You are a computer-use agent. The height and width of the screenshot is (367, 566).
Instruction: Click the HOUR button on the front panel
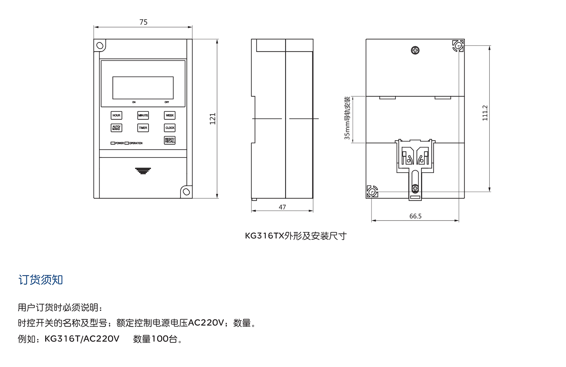click(x=116, y=115)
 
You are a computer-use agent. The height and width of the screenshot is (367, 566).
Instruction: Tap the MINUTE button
click(x=143, y=115)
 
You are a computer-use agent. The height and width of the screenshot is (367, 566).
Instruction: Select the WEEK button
click(x=170, y=115)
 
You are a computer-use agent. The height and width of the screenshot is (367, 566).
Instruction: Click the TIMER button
click(x=143, y=128)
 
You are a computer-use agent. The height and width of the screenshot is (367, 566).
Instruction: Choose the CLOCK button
click(x=170, y=128)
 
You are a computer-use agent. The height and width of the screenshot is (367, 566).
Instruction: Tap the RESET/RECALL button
click(x=170, y=140)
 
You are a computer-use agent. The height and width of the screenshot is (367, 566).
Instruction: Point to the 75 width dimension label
click(x=143, y=22)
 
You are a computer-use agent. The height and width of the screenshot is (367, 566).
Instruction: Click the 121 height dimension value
click(x=213, y=119)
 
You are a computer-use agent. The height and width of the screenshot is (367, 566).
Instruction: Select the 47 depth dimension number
click(x=282, y=207)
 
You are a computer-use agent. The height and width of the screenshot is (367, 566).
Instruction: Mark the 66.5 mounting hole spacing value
click(x=415, y=216)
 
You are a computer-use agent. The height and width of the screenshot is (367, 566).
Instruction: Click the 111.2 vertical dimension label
click(x=485, y=113)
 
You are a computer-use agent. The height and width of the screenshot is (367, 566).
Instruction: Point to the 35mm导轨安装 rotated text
click(x=347, y=118)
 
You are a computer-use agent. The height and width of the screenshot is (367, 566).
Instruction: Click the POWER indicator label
click(x=119, y=143)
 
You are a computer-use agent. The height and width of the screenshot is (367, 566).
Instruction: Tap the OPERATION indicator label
click(x=136, y=143)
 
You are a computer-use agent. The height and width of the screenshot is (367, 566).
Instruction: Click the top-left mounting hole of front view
click(x=100, y=45)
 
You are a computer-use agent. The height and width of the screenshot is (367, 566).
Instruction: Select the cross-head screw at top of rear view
click(x=415, y=50)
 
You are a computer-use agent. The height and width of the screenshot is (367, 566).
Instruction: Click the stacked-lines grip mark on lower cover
click(x=143, y=171)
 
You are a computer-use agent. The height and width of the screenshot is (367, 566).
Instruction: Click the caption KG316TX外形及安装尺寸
click(x=295, y=236)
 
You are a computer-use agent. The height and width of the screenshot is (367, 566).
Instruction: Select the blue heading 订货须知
click(x=40, y=280)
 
